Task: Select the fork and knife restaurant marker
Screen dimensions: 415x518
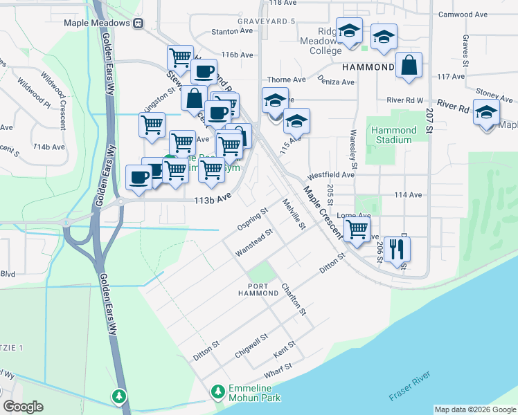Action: coord(397,248)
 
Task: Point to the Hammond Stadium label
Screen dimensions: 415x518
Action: coord(394,135)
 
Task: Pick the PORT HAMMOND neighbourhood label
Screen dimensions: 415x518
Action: coord(258,290)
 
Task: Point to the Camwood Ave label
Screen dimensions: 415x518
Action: coord(463,14)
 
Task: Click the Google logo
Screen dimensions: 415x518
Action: coord(23,407)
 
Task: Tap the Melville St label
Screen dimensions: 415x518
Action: coord(294,214)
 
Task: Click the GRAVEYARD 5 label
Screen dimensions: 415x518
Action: coord(266,21)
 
